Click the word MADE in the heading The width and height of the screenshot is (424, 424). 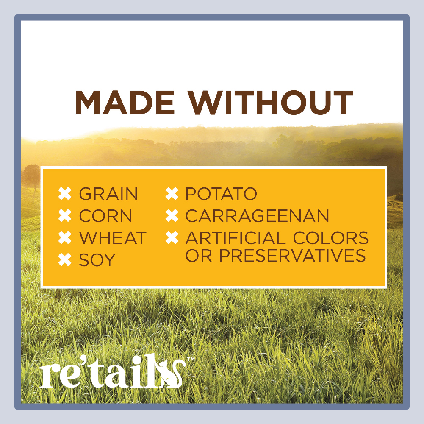click(125, 103)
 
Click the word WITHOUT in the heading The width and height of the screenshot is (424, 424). click(270, 103)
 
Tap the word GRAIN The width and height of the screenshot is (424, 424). click(108, 194)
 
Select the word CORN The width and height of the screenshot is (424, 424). click(105, 216)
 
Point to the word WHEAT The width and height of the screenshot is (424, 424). click(113, 238)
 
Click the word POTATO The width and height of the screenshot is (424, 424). click(221, 194)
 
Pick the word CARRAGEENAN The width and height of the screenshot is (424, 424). click(257, 216)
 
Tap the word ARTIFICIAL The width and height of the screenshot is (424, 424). click(235, 238)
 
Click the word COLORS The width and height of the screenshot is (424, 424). click(331, 238)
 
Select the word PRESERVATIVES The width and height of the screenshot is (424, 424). click(292, 255)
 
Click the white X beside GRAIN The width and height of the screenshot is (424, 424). click(65, 194)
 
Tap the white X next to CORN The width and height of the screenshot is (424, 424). click(65, 216)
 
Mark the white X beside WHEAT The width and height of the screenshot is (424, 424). click(65, 238)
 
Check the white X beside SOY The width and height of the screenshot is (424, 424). click(65, 259)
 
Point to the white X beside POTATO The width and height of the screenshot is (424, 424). click(172, 194)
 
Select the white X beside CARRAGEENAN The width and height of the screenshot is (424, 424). click(172, 216)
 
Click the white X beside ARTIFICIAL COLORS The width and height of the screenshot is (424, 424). click(172, 238)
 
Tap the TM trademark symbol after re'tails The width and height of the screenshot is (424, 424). click(191, 360)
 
